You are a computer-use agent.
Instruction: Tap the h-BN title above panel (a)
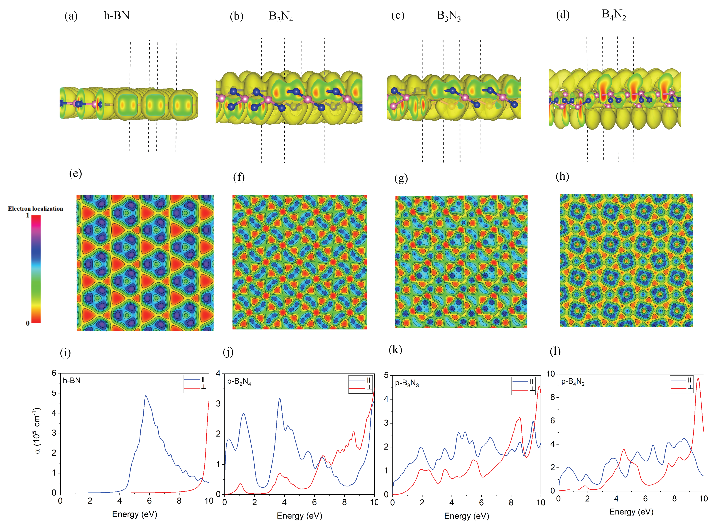[117, 15]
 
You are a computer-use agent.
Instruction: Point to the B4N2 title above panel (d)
[614, 15]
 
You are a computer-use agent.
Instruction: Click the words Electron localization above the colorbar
[35, 209]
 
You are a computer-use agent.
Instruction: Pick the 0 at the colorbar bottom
[28, 323]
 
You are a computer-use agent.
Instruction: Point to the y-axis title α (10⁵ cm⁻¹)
[37, 430]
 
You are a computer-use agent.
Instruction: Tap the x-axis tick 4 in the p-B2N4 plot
[284, 502]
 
